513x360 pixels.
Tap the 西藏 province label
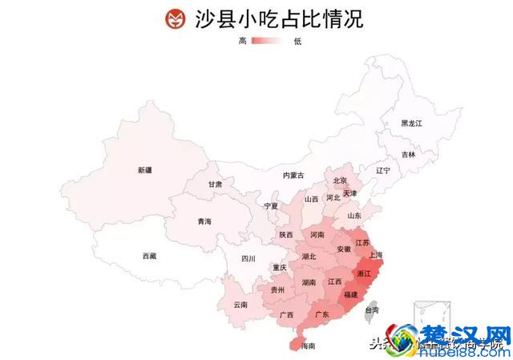tap(150, 256)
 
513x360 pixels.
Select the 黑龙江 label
tap(411, 123)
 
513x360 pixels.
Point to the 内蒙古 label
tap(293, 175)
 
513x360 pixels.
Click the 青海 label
tap(204, 221)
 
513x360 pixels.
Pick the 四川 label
tap(248, 258)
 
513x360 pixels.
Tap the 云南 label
tap(240, 305)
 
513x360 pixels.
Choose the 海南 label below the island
tap(308, 346)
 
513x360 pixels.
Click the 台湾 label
tap(372, 309)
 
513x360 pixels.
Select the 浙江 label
tap(364, 273)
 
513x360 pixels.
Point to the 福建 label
tap(351, 295)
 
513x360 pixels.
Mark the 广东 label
tap(322, 313)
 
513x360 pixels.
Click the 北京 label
tap(340, 180)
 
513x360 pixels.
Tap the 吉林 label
tap(409, 154)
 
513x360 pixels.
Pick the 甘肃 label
tap(215, 184)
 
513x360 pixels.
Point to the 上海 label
tap(375, 255)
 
